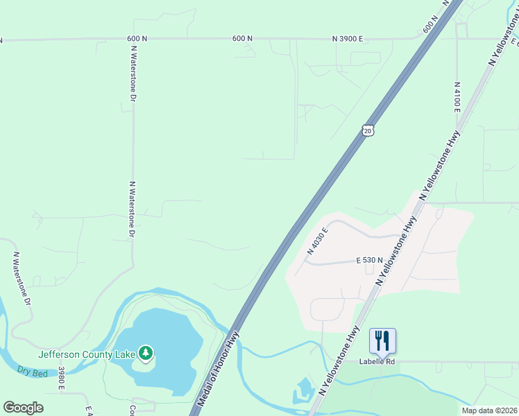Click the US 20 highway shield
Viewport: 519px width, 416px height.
tap(368, 130)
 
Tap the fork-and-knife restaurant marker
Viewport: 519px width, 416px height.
tap(382, 340)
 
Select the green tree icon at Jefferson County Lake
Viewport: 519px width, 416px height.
tap(146, 354)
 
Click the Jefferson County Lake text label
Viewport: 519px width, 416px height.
tap(87, 354)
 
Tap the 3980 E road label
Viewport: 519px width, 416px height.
tap(61, 379)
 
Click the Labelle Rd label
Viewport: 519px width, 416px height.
tap(377, 361)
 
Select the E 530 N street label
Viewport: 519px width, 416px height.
tap(369, 260)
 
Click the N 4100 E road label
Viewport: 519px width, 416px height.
tap(457, 96)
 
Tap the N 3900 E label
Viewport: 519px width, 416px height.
tap(348, 39)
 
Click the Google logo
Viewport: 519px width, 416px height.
tap(23, 408)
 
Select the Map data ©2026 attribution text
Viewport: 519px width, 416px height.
tap(489, 410)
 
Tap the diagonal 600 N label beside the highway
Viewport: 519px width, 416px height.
tap(431, 24)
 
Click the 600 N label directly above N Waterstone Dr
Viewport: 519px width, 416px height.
tap(137, 39)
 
